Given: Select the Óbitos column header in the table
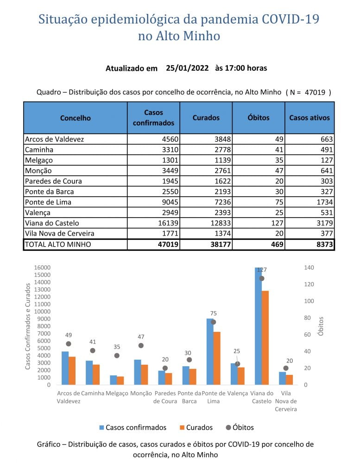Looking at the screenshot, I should click(x=259, y=118).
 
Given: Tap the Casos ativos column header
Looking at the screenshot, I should click(x=309, y=118).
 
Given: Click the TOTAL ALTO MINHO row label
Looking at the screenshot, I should click(x=58, y=244).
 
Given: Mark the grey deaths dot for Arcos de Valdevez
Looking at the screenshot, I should click(x=69, y=344).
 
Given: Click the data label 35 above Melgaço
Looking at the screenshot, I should click(x=117, y=347).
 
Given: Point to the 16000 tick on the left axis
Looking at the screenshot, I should click(x=42, y=268).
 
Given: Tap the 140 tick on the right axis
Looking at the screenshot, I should click(x=309, y=268).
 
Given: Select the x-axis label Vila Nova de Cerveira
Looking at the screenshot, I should click(x=285, y=401).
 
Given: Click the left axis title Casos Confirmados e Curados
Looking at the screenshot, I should click(x=28, y=326).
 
